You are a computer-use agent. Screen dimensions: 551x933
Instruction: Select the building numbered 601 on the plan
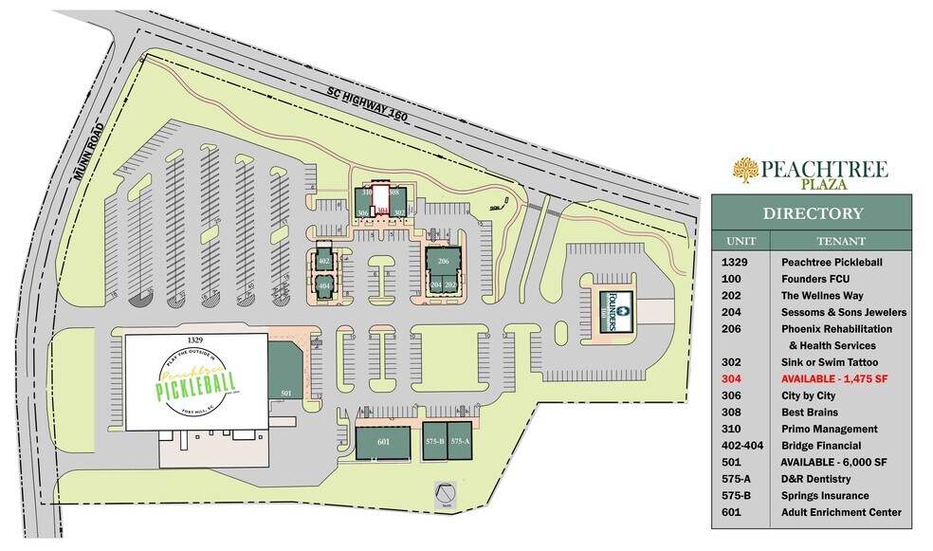pyautogui.click(x=383, y=441)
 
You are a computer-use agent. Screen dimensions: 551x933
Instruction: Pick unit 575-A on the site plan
pyautogui.click(x=460, y=441)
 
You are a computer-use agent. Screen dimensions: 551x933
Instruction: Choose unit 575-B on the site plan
pyautogui.click(x=435, y=441)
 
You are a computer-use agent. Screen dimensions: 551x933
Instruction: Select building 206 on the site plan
pyautogui.click(x=443, y=261)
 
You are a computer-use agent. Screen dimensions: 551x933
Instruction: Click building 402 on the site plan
pyautogui.click(x=324, y=261)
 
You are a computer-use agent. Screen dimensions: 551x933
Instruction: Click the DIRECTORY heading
pyautogui.click(x=813, y=213)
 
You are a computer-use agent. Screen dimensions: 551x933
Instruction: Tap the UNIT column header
pyautogui.click(x=741, y=241)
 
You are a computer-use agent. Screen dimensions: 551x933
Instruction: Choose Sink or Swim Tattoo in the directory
pyautogui.click(x=830, y=362)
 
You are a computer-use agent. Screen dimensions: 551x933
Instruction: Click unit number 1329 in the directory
pyautogui.click(x=738, y=262)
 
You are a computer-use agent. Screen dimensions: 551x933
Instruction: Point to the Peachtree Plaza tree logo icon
pyautogui.click(x=746, y=172)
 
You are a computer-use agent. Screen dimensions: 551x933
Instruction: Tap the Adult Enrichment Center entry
pyautogui.click(x=840, y=512)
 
